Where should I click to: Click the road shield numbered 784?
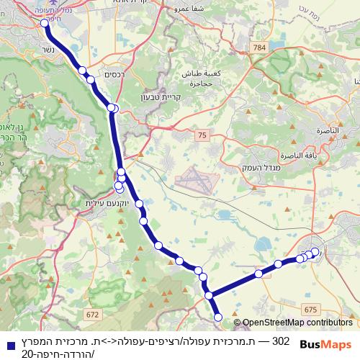click(259, 48)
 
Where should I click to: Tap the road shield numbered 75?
click(202, 134)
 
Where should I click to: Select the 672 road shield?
click(91, 315)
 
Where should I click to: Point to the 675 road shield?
click(311, 309)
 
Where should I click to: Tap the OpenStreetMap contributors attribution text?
click(297, 323)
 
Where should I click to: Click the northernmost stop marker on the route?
click(45, 23)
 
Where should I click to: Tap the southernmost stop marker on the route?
click(219, 317)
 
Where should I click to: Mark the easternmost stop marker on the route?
click(315, 251)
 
